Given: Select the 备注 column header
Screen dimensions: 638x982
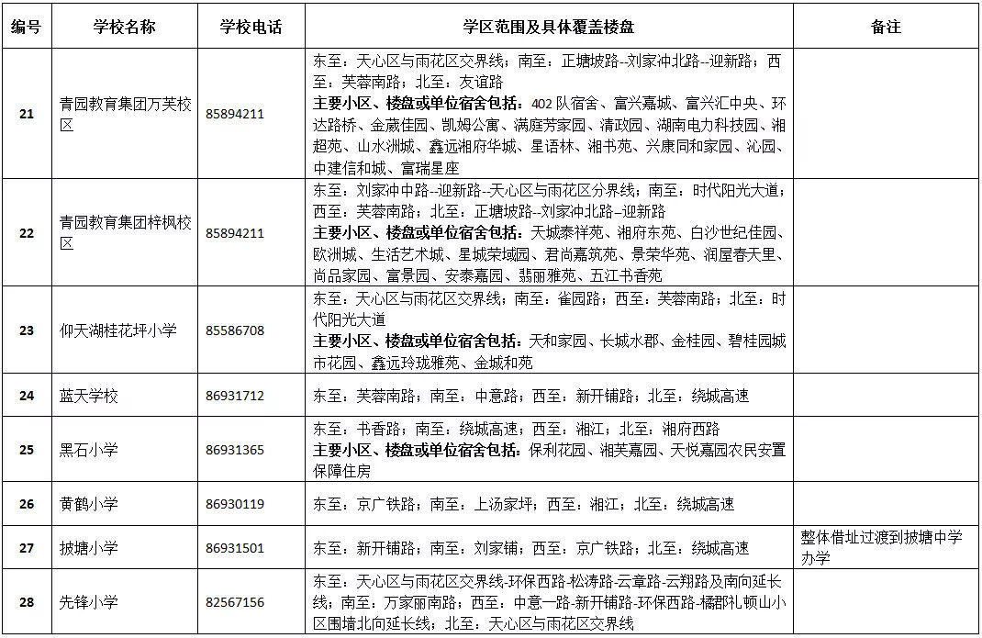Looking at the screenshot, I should point(886,27).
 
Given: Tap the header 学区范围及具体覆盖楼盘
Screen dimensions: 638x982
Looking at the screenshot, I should point(550,27).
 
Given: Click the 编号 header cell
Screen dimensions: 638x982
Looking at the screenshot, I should point(26,27).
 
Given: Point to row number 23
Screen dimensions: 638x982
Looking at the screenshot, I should point(26,330).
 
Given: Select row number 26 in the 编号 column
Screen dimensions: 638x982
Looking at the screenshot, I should point(26,504).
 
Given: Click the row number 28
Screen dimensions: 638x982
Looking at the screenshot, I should point(26,602).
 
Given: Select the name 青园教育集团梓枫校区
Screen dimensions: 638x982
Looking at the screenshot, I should point(125,233).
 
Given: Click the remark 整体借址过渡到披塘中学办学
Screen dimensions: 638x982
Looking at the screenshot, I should point(860,548).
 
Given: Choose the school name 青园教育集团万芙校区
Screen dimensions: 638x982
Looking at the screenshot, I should point(125,115).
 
